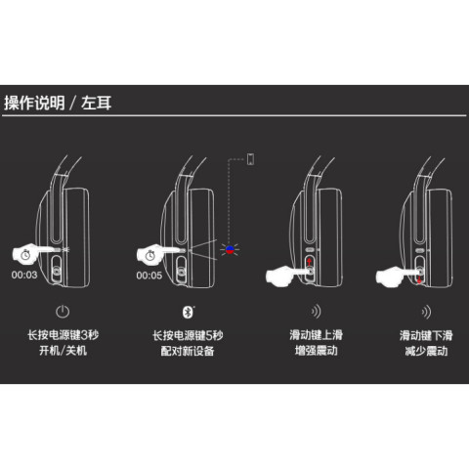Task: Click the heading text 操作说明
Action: (x=34, y=103)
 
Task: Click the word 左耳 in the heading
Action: (x=96, y=103)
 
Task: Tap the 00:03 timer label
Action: (x=24, y=275)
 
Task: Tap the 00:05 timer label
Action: (x=149, y=276)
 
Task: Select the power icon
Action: (x=63, y=312)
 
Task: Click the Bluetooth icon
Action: (x=188, y=312)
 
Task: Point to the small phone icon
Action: (x=250, y=159)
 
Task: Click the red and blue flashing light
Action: (x=230, y=250)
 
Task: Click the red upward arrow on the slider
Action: (x=309, y=261)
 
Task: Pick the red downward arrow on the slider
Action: (x=419, y=279)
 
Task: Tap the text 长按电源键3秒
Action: (x=63, y=335)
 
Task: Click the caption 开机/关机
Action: (x=63, y=351)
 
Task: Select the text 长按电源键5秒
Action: (x=188, y=335)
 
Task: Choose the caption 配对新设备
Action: (x=188, y=351)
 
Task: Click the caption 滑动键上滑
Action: (x=317, y=335)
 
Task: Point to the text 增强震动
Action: (x=317, y=351)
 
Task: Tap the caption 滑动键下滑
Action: (x=426, y=335)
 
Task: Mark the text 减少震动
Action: (x=426, y=351)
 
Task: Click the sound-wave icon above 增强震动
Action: (x=317, y=312)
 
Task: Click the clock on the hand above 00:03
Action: (x=25, y=255)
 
